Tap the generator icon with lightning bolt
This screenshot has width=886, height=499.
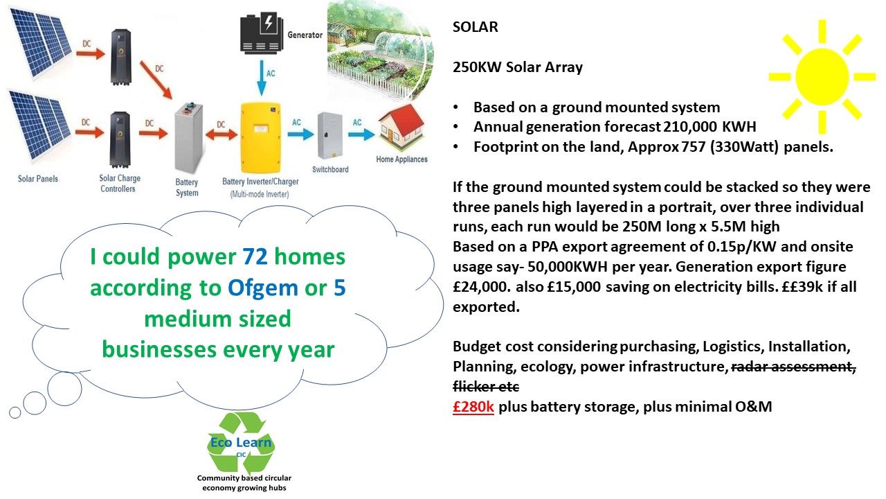(x=262, y=33)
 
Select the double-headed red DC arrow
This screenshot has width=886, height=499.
(x=221, y=133)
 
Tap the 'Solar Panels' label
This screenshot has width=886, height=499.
(x=38, y=179)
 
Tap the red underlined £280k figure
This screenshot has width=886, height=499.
(x=473, y=407)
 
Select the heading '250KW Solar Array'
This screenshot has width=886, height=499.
(x=517, y=67)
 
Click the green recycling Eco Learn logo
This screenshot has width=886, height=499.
(x=242, y=444)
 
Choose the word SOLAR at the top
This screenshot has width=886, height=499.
(x=475, y=28)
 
